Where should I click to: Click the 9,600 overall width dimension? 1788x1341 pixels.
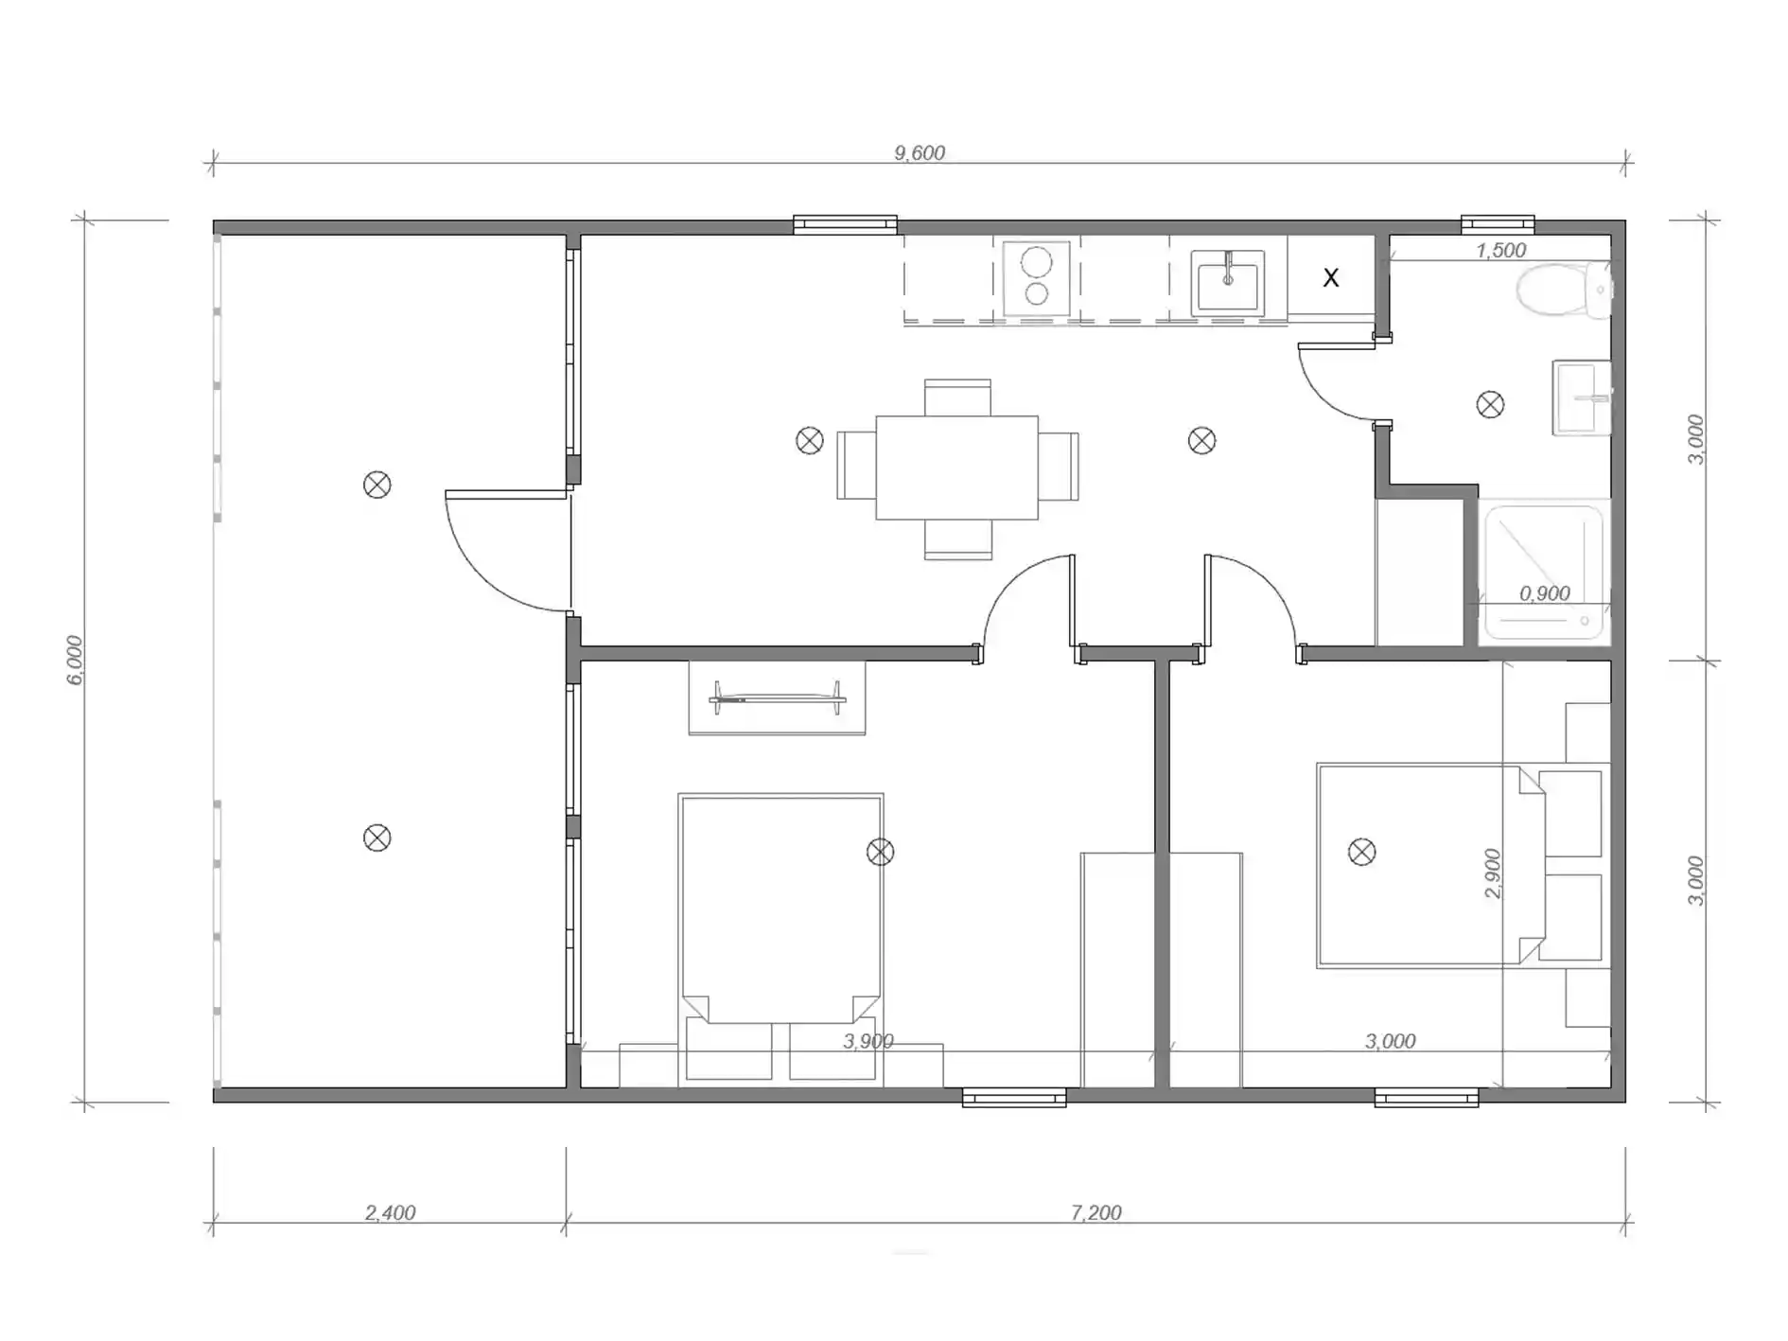(920, 152)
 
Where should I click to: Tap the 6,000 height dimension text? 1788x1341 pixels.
(75, 660)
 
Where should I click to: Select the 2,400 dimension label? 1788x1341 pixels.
(390, 1212)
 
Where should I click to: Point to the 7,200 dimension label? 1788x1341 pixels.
(1096, 1212)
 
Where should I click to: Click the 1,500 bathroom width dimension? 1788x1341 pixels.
(1501, 250)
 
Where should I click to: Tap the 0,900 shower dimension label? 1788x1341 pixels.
(1545, 593)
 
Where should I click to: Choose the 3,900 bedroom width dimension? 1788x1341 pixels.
(868, 1041)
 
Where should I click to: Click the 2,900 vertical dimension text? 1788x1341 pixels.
(1492, 873)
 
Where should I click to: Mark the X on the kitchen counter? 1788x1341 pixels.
(1331, 278)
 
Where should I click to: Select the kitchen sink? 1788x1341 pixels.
(1228, 281)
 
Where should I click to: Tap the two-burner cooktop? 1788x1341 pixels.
(1037, 276)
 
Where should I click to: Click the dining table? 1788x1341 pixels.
(956, 468)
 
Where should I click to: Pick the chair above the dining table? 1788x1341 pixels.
(957, 397)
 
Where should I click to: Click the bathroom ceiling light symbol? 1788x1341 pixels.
(1490, 405)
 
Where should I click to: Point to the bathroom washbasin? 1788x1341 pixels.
(1582, 397)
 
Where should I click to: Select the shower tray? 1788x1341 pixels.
(1544, 573)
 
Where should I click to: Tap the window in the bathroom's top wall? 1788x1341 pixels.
(1498, 225)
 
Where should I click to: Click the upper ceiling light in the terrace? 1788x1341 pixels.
(377, 485)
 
